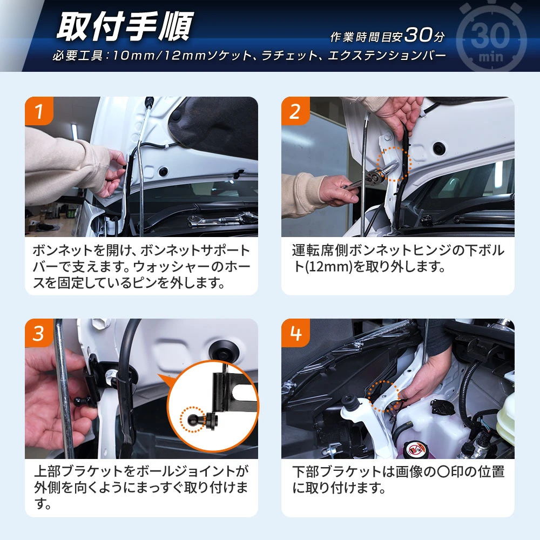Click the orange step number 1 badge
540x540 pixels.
coord(39,111)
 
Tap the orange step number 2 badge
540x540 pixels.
coord(295,111)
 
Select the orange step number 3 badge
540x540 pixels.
coord(39,333)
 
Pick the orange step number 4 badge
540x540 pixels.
coord(295,333)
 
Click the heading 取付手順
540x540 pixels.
coord(125,26)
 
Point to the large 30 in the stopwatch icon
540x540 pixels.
coord(490,35)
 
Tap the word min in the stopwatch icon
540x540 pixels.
coord(491,57)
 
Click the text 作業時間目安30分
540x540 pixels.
coord(387,36)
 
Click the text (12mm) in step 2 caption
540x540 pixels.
coord(329,267)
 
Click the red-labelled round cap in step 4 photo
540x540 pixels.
coord(414,449)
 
